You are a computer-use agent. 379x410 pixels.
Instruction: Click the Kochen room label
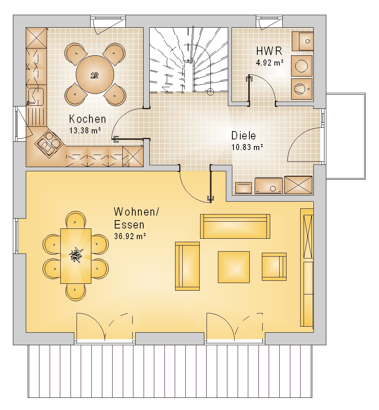(88, 119)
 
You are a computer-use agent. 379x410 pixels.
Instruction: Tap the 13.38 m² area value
(85, 130)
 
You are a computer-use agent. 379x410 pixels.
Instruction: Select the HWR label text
(269, 51)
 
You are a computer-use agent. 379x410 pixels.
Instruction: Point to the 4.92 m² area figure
(270, 63)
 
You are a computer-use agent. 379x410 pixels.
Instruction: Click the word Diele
(244, 136)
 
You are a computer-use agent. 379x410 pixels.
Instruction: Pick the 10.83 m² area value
(247, 147)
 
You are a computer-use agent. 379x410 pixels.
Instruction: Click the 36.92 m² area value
(130, 236)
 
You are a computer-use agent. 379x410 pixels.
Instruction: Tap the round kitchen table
(95, 75)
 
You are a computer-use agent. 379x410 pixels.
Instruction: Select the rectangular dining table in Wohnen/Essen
(76, 256)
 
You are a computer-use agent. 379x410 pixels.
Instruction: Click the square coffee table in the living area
(234, 267)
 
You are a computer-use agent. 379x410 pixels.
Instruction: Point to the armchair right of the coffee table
(274, 266)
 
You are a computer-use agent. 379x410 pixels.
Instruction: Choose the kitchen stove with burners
(49, 142)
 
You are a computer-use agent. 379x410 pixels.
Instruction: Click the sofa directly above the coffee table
(235, 226)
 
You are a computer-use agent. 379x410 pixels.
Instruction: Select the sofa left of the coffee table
(187, 266)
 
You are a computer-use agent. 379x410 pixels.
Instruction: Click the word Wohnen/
(136, 212)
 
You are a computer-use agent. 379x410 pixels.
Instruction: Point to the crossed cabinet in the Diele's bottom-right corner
(298, 185)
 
